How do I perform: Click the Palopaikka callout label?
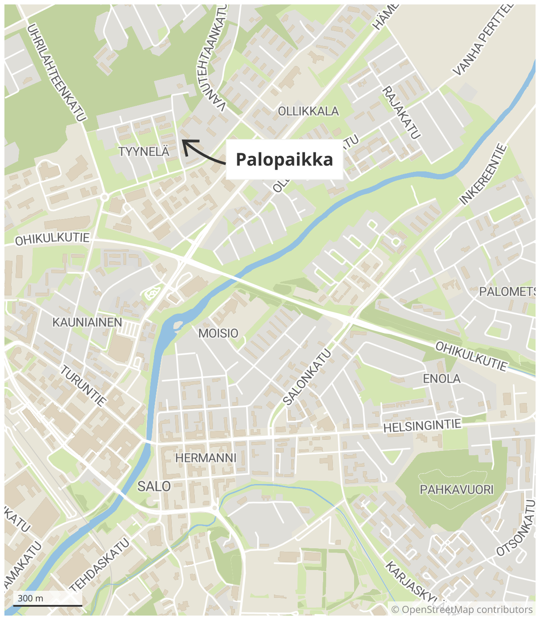[x=284, y=159]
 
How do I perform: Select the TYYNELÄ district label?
[x=144, y=151]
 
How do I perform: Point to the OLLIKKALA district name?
[x=308, y=111]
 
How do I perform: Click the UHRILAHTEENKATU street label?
[x=56, y=73]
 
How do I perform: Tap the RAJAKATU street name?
[x=401, y=112]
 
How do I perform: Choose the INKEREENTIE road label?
[x=482, y=174]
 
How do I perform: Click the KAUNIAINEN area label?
[x=87, y=322]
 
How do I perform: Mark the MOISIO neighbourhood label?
[x=218, y=333]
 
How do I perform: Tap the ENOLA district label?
[x=442, y=379]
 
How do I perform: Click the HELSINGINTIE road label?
[x=422, y=426]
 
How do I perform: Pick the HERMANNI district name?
[x=206, y=458]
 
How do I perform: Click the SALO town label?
[x=154, y=486]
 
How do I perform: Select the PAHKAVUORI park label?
[x=456, y=489]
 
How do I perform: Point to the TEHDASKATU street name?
[x=100, y=565]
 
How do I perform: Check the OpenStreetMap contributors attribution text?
[x=462, y=610]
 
